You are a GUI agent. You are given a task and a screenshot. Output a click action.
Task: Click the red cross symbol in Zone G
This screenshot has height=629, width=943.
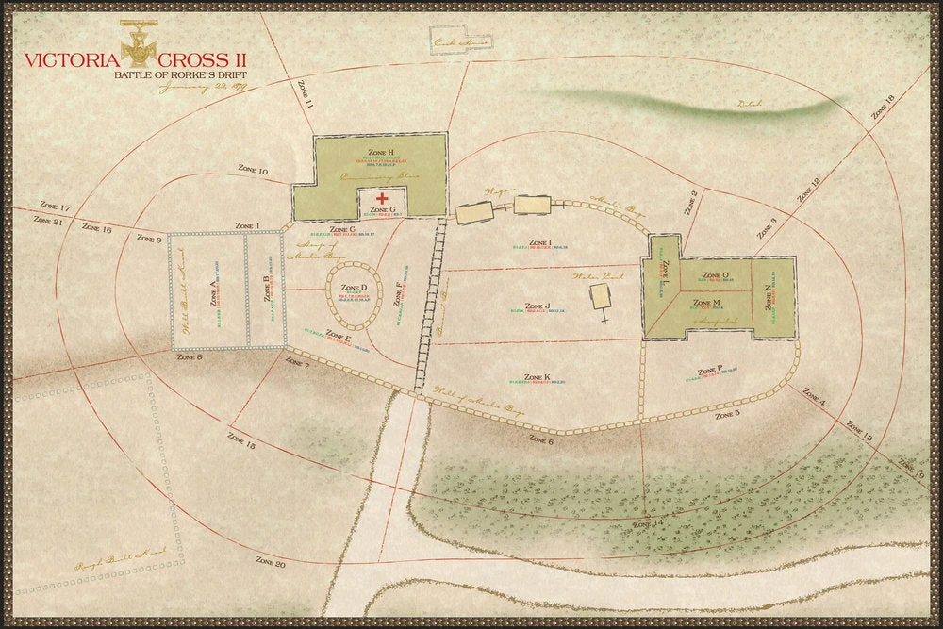click(x=383, y=199)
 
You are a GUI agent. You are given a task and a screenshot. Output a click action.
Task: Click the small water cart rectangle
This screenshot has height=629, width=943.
click(x=600, y=298)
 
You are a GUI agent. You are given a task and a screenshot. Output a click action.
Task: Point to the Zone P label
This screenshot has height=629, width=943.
click(x=709, y=371)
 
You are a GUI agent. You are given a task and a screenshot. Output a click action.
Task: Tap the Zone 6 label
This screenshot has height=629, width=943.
click(x=540, y=439)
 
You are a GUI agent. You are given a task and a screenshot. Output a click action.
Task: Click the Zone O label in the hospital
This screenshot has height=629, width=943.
click(x=717, y=275)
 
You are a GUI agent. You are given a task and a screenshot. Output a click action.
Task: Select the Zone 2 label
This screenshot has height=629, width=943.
click(x=688, y=203)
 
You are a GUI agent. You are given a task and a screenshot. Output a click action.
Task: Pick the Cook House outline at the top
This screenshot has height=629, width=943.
click(x=459, y=39)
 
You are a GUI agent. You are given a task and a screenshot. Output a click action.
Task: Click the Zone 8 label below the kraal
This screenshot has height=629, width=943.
click(x=190, y=357)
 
